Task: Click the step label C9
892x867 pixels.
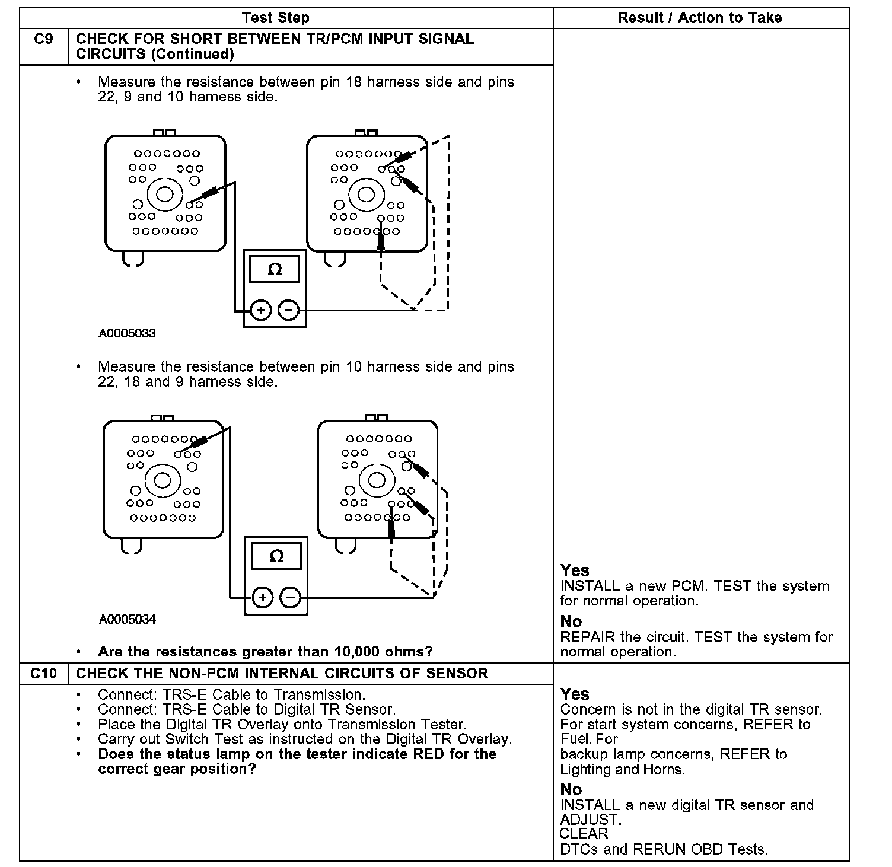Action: [x=43, y=40]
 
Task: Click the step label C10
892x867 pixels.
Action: [x=43, y=674]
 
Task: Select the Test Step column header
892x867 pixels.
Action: [x=276, y=18]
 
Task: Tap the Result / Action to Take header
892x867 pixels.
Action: [x=700, y=18]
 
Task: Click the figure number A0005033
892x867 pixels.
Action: [x=127, y=333]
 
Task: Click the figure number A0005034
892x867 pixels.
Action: [x=127, y=620]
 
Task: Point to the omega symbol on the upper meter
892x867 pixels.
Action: [x=275, y=270]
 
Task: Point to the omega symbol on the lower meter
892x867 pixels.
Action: [x=276, y=556]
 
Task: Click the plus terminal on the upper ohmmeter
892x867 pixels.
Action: [x=260, y=310]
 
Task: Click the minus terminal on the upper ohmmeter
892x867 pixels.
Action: [x=288, y=310]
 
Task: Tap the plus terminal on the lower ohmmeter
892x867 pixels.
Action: [x=262, y=597]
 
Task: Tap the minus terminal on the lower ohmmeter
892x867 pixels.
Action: [x=290, y=597]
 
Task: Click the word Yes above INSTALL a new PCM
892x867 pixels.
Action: [x=575, y=570]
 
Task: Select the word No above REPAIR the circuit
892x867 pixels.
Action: [x=571, y=621]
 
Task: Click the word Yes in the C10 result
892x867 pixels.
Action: [x=575, y=694]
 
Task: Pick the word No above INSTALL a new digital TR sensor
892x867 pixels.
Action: [x=571, y=790]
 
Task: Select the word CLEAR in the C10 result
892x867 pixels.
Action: [x=584, y=834]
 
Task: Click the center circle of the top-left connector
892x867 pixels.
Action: [x=164, y=195]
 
